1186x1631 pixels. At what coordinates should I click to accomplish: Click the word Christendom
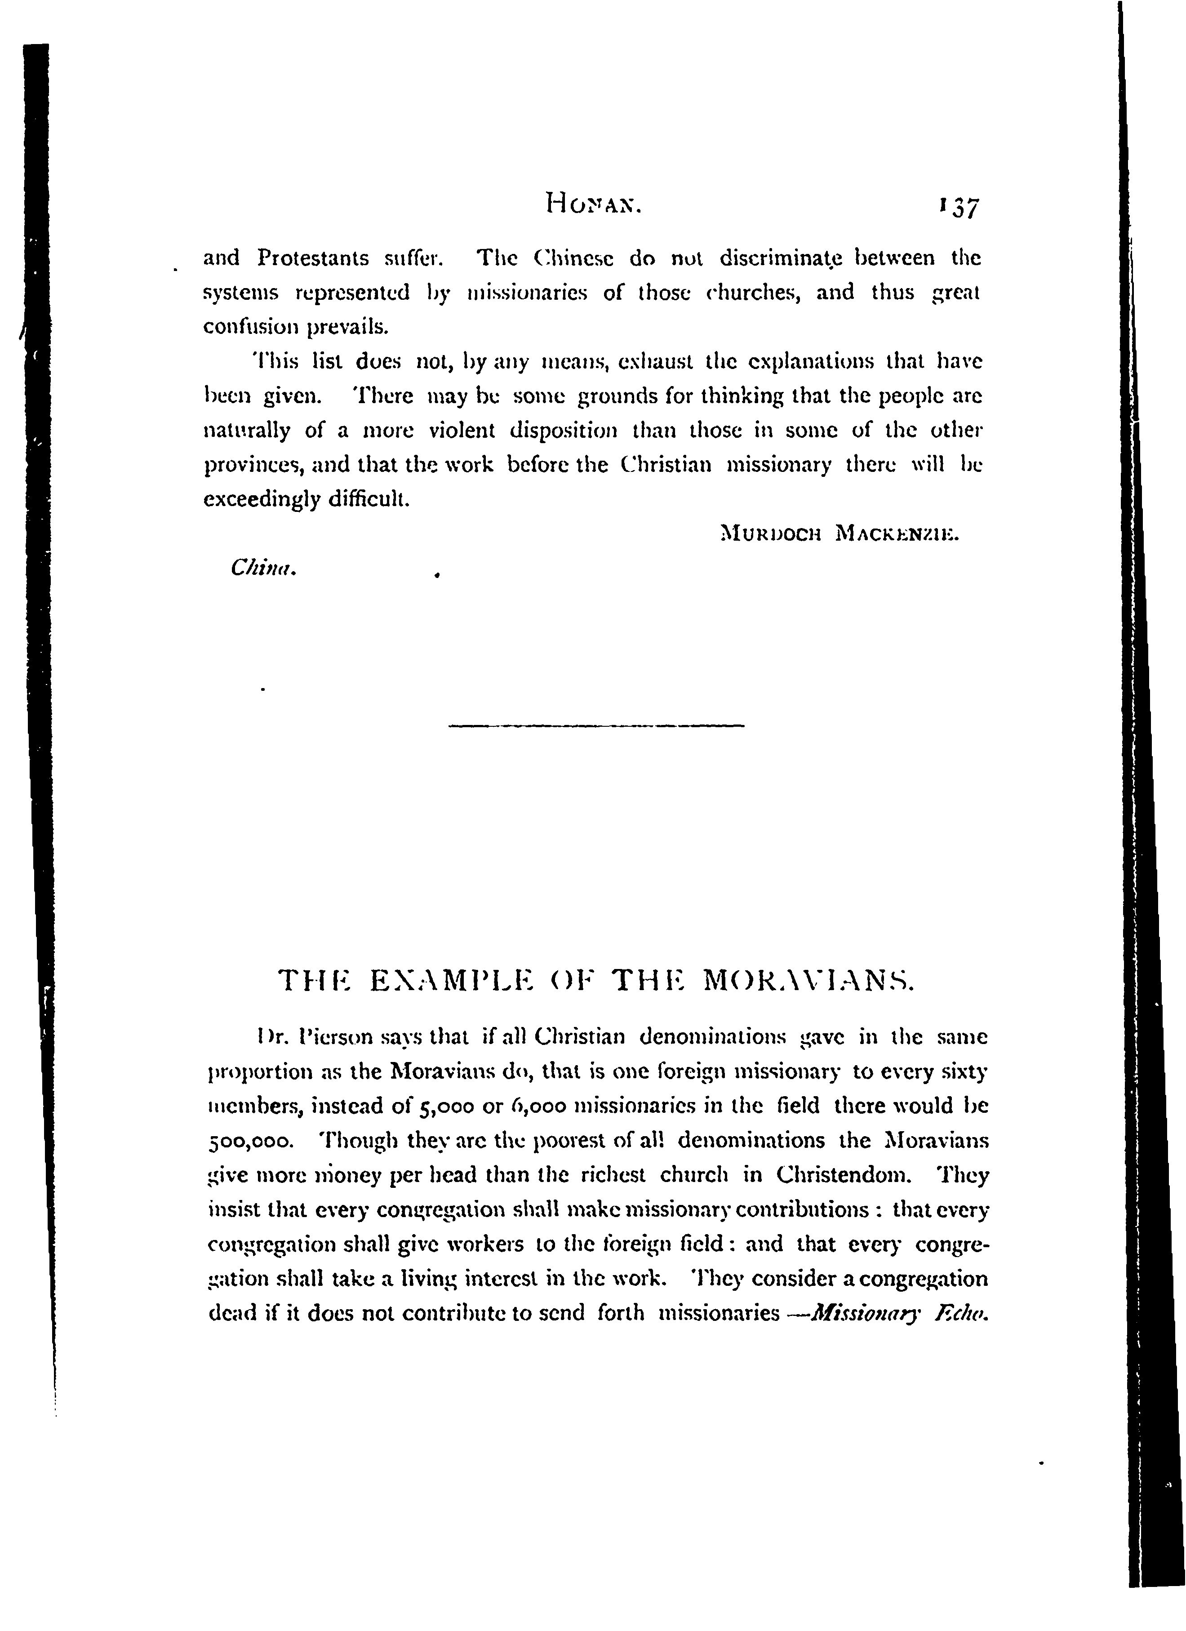844,1177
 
